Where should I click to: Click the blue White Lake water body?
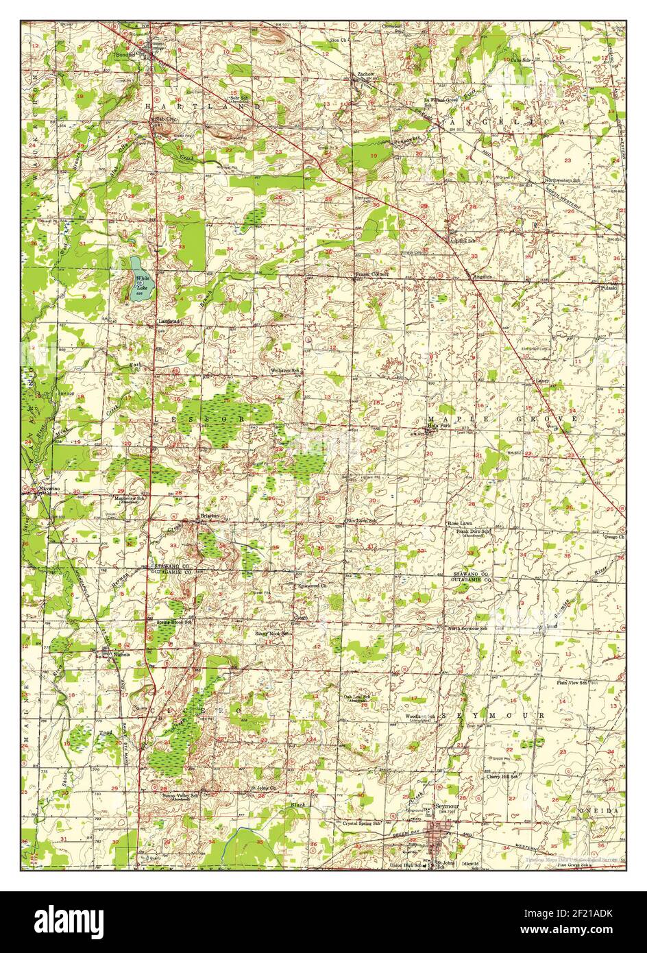click(x=143, y=279)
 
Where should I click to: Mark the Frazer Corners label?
click(x=372, y=274)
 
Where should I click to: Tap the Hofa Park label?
click(x=439, y=426)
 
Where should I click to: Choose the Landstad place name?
click(x=168, y=320)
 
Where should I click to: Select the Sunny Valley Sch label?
click(x=180, y=795)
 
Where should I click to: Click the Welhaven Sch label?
click(x=285, y=370)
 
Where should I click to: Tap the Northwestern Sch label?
click(x=562, y=180)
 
